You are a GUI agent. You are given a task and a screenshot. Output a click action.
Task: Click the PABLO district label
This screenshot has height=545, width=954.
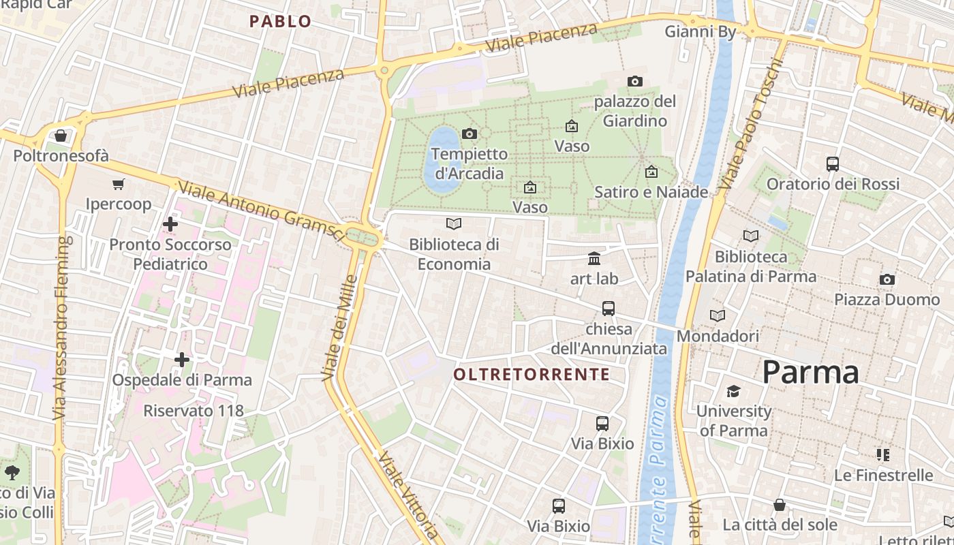click(x=280, y=21)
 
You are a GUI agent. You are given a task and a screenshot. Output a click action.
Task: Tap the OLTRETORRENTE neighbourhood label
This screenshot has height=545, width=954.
click(x=532, y=374)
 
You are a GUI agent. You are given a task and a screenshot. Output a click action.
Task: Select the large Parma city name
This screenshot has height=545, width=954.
click(x=810, y=372)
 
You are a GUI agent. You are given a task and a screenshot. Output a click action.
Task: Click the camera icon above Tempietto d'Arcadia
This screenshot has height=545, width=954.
click(x=469, y=134)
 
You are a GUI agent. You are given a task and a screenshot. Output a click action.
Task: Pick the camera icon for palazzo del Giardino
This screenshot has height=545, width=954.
click(x=635, y=81)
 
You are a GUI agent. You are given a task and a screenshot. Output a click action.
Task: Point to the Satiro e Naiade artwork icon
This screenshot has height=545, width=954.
click(x=651, y=172)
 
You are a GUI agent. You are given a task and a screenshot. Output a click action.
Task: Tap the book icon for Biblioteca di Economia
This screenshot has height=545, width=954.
click(x=454, y=223)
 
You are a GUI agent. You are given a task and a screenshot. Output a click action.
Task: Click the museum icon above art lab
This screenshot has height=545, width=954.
click(x=594, y=258)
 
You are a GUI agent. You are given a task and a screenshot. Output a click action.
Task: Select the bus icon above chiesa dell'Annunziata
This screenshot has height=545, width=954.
click(x=609, y=308)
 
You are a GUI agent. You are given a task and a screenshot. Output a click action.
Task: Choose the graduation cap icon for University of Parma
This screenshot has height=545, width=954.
click(x=733, y=391)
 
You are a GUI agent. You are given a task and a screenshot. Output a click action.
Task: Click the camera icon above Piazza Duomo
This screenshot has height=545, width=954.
click(x=887, y=279)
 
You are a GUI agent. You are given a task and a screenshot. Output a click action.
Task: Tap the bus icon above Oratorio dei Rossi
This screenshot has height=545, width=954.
click(x=833, y=163)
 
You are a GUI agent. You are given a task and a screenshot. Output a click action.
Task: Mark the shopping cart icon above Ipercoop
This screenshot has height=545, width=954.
click(x=119, y=184)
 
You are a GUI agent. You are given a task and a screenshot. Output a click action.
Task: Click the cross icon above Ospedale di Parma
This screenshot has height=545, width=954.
click(x=182, y=359)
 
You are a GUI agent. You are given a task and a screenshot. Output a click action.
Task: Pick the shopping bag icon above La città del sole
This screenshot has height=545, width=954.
click(x=780, y=505)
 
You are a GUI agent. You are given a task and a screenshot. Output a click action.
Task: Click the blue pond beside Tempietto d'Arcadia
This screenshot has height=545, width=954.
click(x=442, y=158)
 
